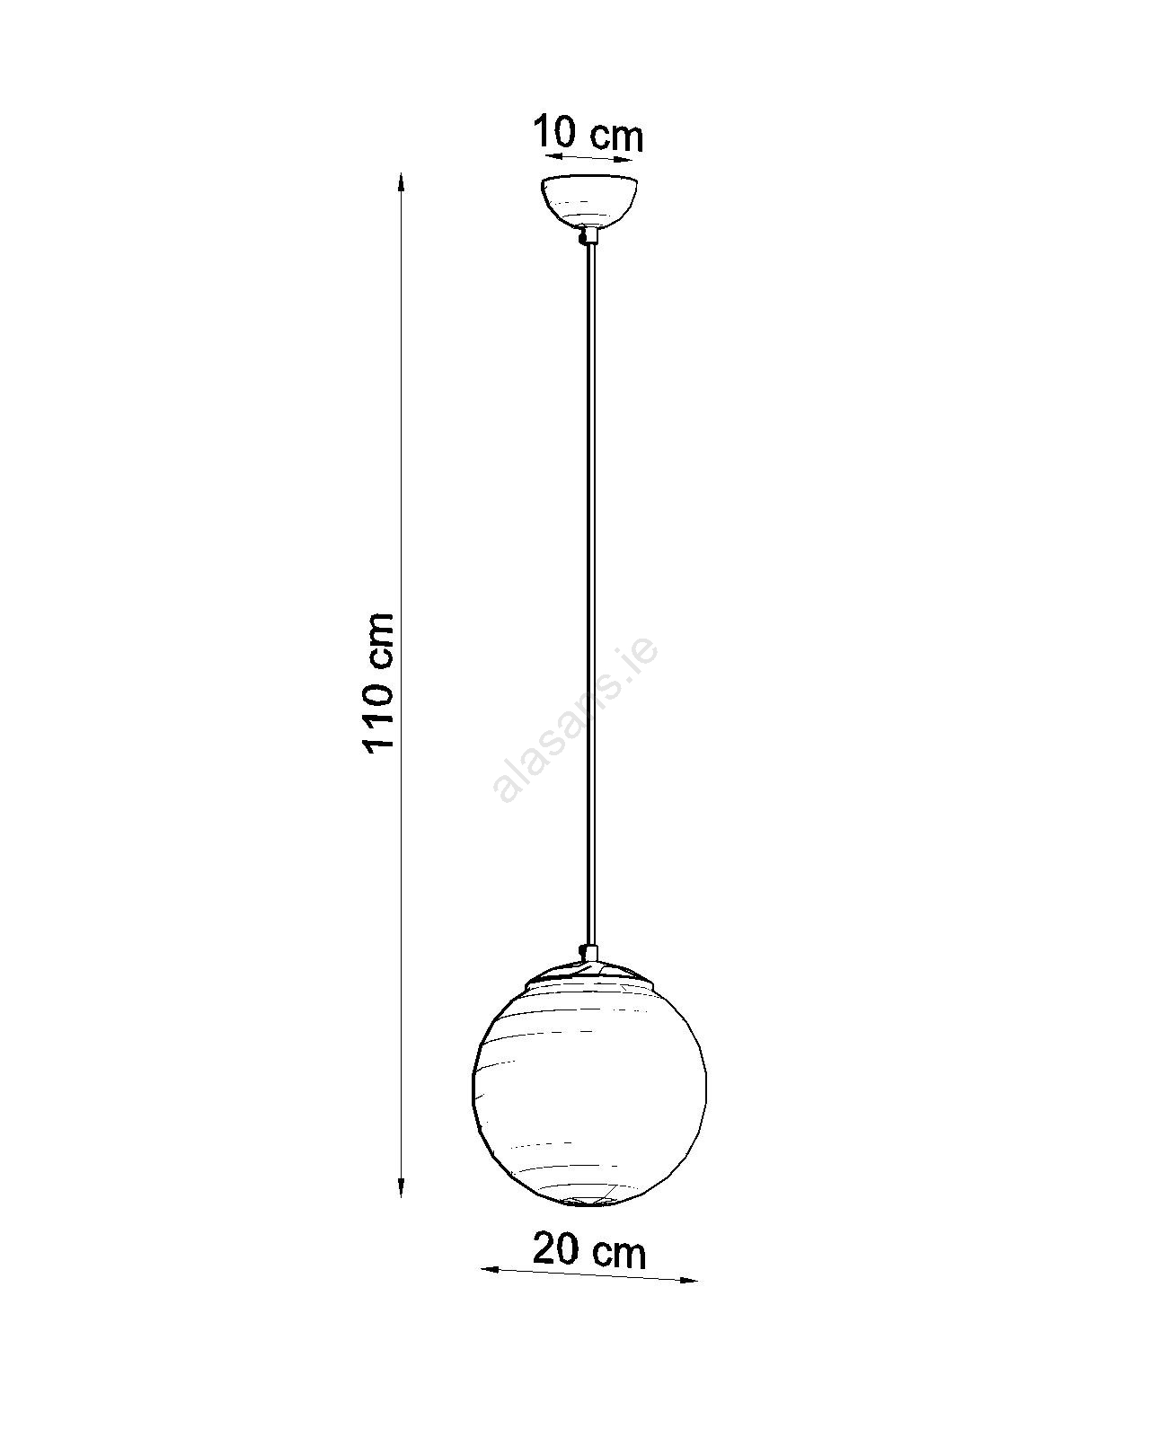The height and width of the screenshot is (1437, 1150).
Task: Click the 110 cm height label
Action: point(380,683)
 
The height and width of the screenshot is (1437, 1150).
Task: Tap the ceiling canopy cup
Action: point(588,202)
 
